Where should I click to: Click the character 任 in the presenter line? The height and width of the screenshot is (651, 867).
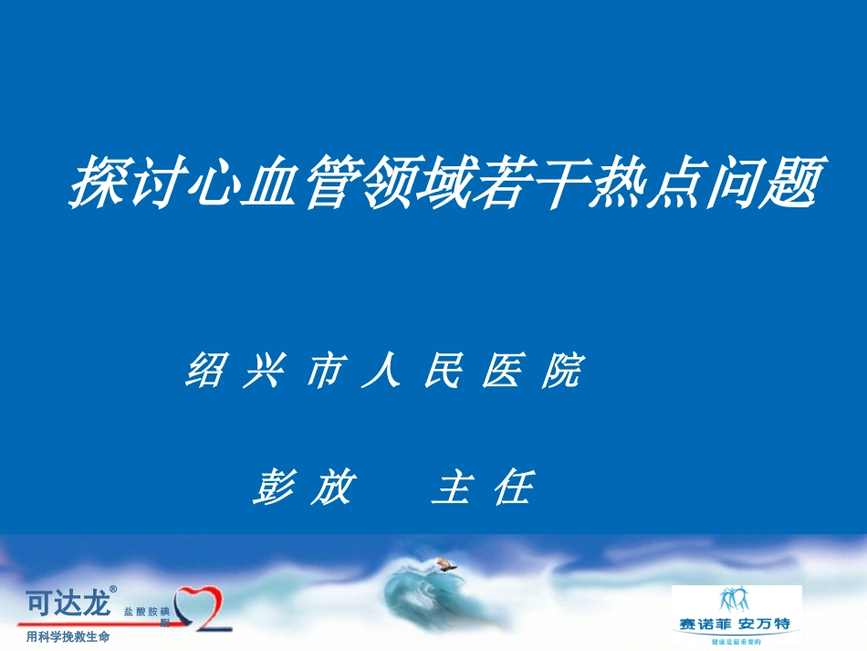512,488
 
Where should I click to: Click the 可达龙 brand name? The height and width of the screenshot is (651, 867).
67,604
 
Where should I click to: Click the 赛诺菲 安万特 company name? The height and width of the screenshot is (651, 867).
736,625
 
